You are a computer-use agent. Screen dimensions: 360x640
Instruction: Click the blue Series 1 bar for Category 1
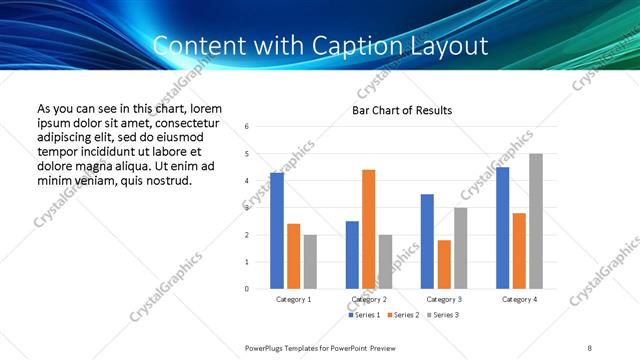point(277,231)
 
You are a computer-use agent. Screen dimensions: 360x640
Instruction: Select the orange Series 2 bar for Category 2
point(368,229)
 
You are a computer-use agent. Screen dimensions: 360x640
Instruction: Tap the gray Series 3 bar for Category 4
point(536,221)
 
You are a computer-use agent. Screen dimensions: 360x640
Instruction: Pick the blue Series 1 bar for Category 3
point(427,241)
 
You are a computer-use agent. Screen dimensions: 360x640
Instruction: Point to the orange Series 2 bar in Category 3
point(444,264)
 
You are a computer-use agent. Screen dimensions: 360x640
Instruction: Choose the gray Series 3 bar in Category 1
point(310,262)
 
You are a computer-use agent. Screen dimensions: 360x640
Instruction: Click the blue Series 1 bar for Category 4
point(502,228)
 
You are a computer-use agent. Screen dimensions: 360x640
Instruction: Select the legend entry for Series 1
point(362,315)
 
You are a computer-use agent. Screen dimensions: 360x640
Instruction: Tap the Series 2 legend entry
point(402,315)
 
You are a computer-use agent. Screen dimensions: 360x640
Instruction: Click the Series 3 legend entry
point(443,315)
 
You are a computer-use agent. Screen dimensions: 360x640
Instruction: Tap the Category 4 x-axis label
point(519,299)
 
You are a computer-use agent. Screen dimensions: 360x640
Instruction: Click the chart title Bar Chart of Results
point(402,110)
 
